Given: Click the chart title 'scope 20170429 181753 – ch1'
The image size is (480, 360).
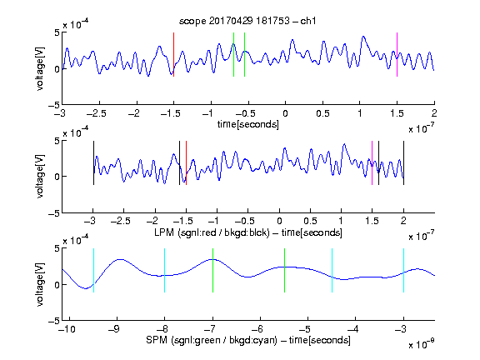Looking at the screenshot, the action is pyautogui.click(x=247, y=21).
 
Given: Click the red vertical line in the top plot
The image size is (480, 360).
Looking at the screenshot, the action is pyautogui.click(x=173, y=54).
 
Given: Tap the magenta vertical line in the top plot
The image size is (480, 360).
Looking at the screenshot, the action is pyautogui.click(x=397, y=54).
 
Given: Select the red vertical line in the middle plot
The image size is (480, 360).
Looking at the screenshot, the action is pyautogui.click(x=186, y=162).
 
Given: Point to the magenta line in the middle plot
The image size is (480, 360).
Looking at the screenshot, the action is pyautogui.click(x=372, y=162).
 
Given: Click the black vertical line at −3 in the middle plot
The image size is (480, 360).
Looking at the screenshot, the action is pyautogui.click(x=93, y=162).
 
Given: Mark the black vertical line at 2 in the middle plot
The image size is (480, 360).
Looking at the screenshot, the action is pyautogui.click(x=403, y=162).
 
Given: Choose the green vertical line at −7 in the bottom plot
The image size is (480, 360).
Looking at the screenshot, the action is pyautogui.click(x=212, y=270).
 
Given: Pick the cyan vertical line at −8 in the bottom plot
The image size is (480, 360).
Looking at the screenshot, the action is pyautogui.click(x=165, y=270).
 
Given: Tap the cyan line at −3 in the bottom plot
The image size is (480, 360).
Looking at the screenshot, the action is pyautogui.click(x=403, y=270).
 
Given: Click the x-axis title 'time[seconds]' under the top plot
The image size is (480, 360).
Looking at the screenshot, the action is pyautogui.click(x=248, y=124).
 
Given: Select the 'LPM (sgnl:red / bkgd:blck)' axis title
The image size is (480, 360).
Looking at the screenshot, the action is pyautogui.click(x=212, y=232).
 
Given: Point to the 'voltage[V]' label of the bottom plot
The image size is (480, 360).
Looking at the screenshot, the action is pyautogui.click(x=40, y=284).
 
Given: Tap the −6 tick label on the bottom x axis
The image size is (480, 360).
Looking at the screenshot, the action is pyautogui.click(x=259, y=329).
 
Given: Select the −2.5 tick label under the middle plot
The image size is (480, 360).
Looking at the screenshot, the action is pyautogui.click(x=120, y=221).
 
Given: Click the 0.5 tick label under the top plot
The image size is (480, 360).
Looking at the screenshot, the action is pyautogui.click(x=322, y=113).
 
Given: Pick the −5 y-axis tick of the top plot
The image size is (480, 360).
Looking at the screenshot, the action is pyautogui.click(x=54, y=105).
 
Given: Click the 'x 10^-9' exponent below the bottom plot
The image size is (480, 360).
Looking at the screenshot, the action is pyautogui.click(x=421, y=344).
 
